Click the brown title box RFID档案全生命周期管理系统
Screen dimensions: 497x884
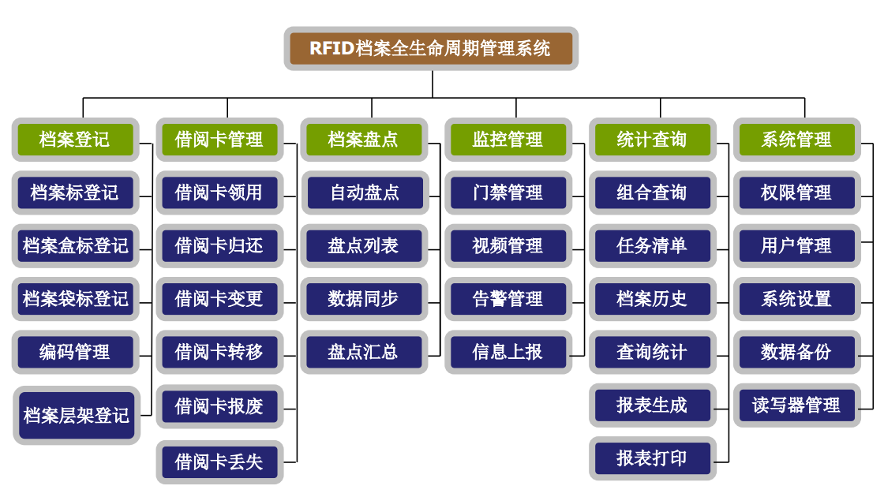431,48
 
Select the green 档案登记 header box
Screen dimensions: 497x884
75,140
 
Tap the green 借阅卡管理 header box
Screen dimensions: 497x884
219,140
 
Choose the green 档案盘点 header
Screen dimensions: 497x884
363,140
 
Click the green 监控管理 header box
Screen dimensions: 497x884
508,140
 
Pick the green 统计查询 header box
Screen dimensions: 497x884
652,140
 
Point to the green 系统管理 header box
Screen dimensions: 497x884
796,140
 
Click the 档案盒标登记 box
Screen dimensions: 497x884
75,245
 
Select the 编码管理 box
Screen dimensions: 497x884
75,352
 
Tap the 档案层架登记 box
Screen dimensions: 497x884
75,415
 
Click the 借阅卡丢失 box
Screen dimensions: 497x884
219,461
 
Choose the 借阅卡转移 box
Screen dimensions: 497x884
219,352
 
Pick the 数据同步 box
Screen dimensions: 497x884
363,299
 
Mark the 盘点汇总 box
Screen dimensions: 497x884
363,352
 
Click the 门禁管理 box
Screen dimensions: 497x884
508,192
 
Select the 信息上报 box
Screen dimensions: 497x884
508,352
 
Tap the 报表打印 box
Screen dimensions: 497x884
652,458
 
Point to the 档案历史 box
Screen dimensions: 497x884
652,299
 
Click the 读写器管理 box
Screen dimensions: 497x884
796,405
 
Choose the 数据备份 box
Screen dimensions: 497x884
796,352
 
